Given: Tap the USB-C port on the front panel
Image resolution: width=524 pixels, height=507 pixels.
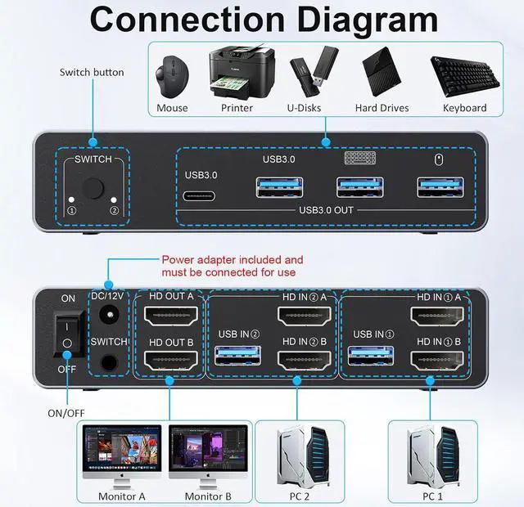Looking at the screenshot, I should tap(200, 197).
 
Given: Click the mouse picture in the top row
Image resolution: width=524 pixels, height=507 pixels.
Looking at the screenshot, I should tap(172, 74).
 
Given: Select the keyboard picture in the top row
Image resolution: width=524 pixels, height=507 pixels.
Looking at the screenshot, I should tap(464, 76).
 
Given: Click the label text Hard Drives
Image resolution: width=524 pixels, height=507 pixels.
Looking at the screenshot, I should tap(382, 108).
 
